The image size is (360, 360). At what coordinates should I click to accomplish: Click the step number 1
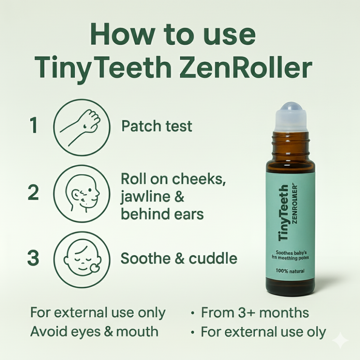pos(34,126)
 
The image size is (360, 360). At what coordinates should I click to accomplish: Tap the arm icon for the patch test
pos(81,126)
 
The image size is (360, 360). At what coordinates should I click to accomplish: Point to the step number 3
pos(33,259)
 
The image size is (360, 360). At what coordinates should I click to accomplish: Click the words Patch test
pos(157,126)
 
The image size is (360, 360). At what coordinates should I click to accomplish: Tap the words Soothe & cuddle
pos(179,258)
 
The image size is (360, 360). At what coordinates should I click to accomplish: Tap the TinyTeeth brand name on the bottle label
pos(284,212)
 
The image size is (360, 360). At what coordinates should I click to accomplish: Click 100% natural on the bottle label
pos(290,271)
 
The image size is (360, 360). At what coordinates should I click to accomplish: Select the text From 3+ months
pos(255,313)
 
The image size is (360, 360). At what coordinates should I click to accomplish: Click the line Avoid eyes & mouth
pos(94,332)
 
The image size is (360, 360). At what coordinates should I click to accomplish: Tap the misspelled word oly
pos(317,332)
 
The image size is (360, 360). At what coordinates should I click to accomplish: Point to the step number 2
pos(33,194)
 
